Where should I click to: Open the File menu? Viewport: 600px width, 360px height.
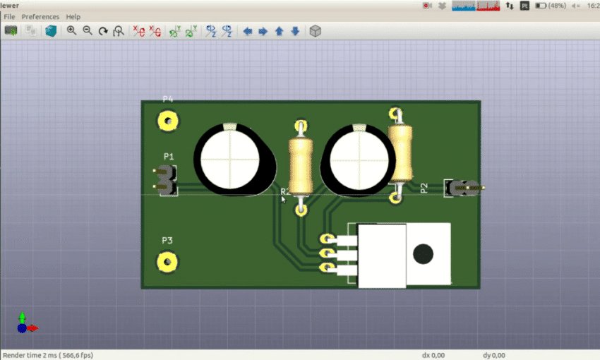9,16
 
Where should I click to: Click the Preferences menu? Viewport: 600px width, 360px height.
40,16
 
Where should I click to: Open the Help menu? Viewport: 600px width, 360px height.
73,16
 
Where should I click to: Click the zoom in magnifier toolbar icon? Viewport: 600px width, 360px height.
71,31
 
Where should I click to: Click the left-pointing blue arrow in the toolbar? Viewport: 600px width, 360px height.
247,31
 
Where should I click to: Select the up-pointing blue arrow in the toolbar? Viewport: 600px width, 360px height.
279,31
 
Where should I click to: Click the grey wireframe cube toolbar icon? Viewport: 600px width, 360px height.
315,31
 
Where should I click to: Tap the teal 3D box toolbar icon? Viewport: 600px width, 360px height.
51,31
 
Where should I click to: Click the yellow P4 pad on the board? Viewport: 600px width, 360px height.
167,121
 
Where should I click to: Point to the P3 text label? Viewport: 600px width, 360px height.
167,241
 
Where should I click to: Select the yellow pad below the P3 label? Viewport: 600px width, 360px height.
167,262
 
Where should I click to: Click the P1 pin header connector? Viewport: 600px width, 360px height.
166,180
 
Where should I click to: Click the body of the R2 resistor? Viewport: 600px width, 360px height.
301,166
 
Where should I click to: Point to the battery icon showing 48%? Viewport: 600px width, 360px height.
541,6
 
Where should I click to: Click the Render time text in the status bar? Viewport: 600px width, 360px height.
47,355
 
